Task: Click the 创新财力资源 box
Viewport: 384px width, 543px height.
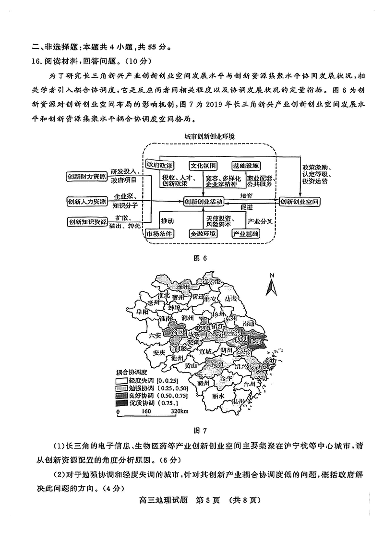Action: click(x=87, y=177)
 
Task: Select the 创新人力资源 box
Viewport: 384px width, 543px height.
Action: click(x=87, y=201)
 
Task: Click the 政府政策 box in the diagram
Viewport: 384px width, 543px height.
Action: click(x=160, y=165)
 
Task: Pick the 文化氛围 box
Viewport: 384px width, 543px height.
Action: click(x=203, y=165)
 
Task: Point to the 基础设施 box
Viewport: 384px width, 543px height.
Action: click(x=245, y=165)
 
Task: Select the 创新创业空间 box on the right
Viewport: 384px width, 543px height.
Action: click(x=300, y=202)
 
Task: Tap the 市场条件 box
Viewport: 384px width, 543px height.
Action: click(x=160, y=234)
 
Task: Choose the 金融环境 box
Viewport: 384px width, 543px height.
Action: click(x=203, y=234)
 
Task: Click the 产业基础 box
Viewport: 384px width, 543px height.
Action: click(x=245, y=234)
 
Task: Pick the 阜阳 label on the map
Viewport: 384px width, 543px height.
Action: click(x=143, y=312)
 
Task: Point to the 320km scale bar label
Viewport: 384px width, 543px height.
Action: click(x=179, y=411)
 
